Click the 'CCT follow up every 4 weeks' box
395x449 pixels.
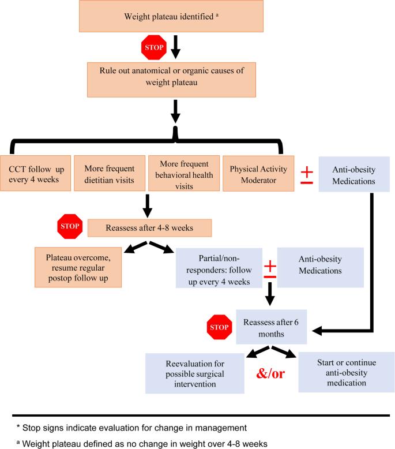[x=36, y=174]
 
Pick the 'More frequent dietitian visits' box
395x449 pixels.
[x=109, y=174]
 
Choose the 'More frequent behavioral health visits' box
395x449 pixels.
[x=183, y=174]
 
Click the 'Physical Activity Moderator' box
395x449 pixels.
[x=258, y=174]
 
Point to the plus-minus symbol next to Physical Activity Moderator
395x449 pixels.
[x=307, y=175]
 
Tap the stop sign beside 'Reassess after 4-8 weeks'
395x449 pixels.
[x=69, y=226]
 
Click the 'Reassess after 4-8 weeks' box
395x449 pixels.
[x=150, y=227]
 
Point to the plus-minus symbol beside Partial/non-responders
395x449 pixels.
[x=269, y=270]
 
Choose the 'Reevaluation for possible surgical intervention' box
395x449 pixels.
[x=195, y=373]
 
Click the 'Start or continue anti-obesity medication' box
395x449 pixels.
[x=346, y=372]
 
